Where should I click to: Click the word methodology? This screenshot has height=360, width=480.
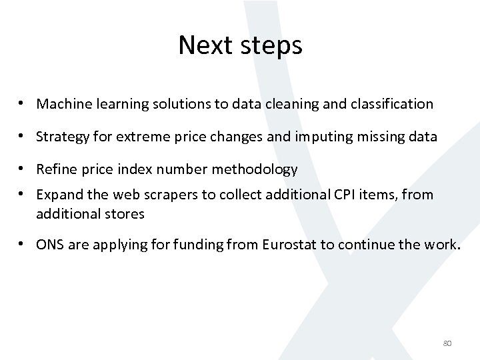point(257,170)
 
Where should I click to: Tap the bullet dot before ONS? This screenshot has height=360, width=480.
point(23,244)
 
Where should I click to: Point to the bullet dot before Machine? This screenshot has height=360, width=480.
point(23,104)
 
